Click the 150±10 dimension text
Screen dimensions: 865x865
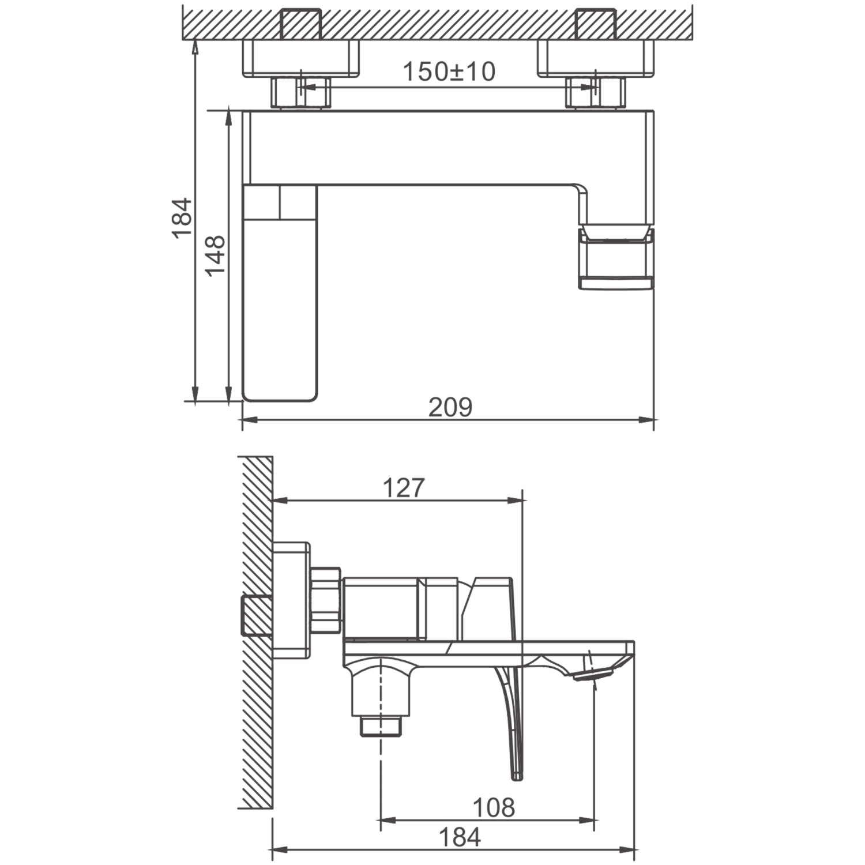click(x=449, y=72)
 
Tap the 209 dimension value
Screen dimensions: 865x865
click(x=450, y=407)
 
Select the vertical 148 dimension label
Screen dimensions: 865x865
click(x=216, y=255)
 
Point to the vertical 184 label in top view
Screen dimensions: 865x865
click(x=182, y=217)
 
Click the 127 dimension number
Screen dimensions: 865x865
click(x=404, y=488)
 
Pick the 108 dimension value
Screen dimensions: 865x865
click(x=494, y=808)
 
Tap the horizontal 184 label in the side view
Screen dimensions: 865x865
click(x=460, y=837)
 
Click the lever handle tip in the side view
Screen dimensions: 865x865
click(x=517, y=776)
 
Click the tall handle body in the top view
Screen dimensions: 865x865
click(x=280, y=292)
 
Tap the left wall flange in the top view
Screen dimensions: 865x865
click(x=300, y=58)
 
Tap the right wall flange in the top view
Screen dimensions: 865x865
click(x=596, y=58)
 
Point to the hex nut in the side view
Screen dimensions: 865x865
click(x=326, y=601)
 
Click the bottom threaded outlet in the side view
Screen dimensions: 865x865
click(x=381, y=726)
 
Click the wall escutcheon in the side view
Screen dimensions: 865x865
click(x=291, y=600)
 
